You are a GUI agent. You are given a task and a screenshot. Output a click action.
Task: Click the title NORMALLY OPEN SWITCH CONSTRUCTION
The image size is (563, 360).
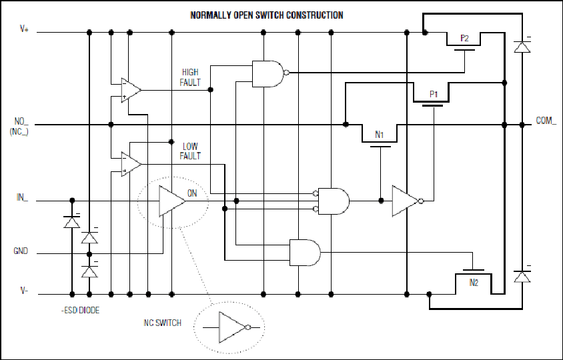[x=266, y=15]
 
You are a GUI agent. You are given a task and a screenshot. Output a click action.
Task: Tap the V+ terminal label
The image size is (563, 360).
[x=24, y=29]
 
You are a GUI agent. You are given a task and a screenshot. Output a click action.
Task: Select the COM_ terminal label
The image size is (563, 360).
[x=546, y=121]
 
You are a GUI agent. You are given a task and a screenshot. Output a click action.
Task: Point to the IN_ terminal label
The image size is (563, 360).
[x=22, y=197]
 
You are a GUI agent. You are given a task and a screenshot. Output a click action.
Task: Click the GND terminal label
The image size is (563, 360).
[x=21, y=251]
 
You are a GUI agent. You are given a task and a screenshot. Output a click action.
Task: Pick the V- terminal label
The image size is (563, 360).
[x=24, y=291]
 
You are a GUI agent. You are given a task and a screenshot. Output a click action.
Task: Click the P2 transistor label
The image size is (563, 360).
[x=464, y=39]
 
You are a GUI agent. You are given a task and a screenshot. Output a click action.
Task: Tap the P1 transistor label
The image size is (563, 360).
[x=434, y=95]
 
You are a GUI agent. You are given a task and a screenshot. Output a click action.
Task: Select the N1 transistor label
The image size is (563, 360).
[x=380, y=135]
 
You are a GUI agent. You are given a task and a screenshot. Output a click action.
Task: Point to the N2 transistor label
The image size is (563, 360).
[x=474, y=283]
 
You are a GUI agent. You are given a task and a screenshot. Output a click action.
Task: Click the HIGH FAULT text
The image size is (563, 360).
[x=190, y=77]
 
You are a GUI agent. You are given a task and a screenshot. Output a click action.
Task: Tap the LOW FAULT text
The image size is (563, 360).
[x=190, y=151]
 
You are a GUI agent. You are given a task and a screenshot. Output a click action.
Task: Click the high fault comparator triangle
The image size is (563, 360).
[x=131, y=90]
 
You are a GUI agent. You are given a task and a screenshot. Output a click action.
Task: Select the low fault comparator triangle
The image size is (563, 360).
[x=131, y=164]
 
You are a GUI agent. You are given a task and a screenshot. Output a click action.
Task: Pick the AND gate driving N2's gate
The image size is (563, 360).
[x=305, y=253]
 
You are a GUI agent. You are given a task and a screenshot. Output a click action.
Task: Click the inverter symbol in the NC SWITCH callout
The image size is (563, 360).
[x=234, y=327]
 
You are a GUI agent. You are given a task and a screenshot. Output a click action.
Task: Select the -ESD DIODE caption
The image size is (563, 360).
[x=80, y=311]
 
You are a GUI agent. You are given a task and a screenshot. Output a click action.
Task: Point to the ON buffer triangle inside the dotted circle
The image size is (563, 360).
[x=172, y=201]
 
